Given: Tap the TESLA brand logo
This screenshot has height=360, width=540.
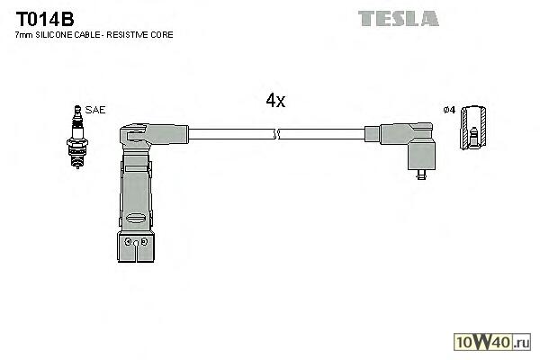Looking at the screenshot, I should pos(398,17).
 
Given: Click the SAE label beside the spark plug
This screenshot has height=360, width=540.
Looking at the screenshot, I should pos(96,110).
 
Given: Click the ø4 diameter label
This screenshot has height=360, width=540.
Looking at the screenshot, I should pos(449,110).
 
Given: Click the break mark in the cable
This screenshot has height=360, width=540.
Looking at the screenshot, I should pos(277,135).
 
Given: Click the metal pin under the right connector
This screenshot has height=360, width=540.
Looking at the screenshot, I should pos(420,176).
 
